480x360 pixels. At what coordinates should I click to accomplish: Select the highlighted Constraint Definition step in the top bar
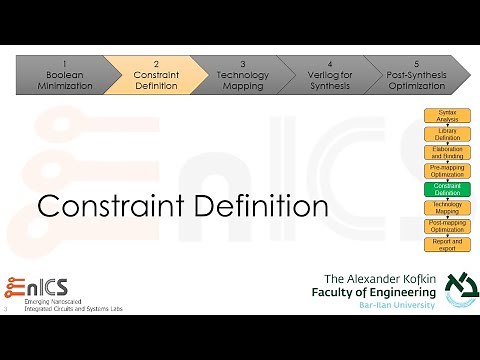tap(156, 74)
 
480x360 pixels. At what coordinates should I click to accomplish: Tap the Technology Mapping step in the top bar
tap(243, 74)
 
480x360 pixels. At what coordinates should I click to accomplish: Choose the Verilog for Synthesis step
tap(330, 74)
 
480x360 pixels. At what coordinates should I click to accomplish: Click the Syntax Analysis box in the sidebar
tap(447, 115)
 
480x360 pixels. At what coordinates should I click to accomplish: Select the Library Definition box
tap(447, 133)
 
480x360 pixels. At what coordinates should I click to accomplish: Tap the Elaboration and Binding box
tap(447, 151)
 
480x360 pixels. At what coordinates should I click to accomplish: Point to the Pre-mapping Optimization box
tap(447, 170)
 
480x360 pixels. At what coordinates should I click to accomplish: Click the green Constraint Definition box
tap(447, 188)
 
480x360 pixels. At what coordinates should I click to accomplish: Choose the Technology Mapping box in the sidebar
tap(447, 207)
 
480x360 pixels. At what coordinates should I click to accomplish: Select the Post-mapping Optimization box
tap(447, 225)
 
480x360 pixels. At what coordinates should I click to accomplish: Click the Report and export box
tap(447, 243)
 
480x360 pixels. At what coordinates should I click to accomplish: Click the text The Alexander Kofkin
tap(379, 277)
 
